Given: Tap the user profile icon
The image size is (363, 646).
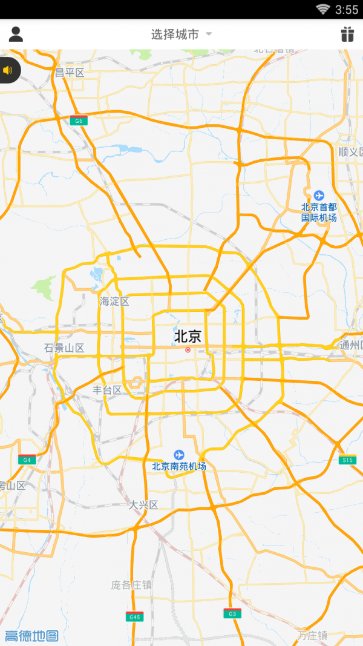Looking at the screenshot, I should tap(16, 34).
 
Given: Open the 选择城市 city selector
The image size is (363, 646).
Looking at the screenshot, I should tap(181, 35).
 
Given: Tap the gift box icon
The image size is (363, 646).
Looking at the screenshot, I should tap(347, 35).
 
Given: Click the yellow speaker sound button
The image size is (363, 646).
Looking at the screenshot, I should tap(8, 70).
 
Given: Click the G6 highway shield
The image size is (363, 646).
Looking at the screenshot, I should tap(78, 120).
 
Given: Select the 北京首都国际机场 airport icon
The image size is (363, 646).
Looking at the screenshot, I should tap(319, 195).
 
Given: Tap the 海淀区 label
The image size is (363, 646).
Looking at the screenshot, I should tap(114, 301).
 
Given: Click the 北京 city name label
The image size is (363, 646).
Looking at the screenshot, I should tap(188, 336).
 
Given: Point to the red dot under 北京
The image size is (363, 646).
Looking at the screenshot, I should tap(188, 350).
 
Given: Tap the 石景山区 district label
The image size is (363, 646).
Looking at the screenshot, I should tap(64, 348).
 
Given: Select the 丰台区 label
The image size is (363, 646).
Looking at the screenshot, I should tap(107, 390).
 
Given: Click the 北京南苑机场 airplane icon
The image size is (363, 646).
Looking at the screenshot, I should tap(178, 454).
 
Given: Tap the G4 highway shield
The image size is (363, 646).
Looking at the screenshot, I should tap(27, 460).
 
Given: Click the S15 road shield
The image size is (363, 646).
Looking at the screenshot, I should tap(347, 460).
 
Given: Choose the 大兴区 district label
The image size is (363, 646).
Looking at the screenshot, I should tap(143, 504).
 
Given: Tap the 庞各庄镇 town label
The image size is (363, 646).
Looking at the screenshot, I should tap(131, 585).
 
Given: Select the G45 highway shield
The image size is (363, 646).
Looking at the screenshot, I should tap(134, 617).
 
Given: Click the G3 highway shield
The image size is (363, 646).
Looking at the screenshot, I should tap(232, 613).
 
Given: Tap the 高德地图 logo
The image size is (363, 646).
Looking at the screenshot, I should tap(31, 636).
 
